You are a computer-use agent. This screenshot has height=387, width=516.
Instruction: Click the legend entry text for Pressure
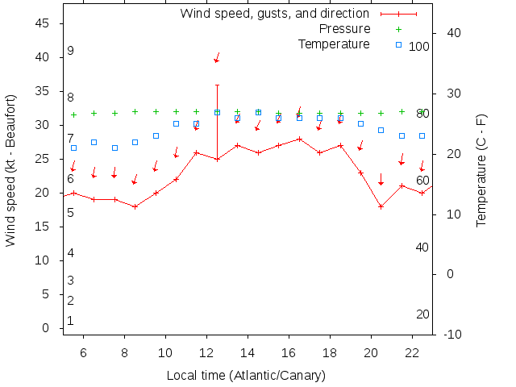pyautogui.click(x=333, y=28)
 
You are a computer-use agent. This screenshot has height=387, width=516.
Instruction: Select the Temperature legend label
pyautogui.click(x=334, y=44)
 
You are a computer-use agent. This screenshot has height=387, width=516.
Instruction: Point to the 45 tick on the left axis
pyautogui.click(x=44, y=23)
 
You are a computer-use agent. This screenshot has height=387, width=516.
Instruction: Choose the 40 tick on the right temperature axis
pyautogui.click(x=452, y=33)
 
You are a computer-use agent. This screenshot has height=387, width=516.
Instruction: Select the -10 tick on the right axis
pyautogui.click(x=452, y=334)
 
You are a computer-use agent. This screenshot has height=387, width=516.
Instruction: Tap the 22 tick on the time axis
pyautogui.click(x=412, y=352)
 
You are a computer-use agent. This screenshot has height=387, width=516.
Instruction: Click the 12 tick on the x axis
pyautogui.click(x=206, y=352)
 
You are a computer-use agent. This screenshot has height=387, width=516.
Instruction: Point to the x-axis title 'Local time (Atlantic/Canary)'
pyautogui.click(x=246, y=375)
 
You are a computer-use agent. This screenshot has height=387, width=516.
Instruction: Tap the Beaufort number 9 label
pyautogui.click(x=71, y=51)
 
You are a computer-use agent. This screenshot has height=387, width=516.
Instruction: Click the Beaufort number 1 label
pyautogui.click(x=71, y=321)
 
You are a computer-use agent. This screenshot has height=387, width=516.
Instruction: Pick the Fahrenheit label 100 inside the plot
pyautogui.click(x=419, y=46)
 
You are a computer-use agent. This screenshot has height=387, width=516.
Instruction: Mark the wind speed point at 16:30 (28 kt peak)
pyautogui.click(x=299, y=139)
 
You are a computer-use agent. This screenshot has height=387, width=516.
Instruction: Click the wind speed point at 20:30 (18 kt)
pyautogui.click(x=381, y=206)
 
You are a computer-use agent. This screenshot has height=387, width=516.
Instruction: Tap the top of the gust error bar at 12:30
pyautogui.click(x=217, y=85)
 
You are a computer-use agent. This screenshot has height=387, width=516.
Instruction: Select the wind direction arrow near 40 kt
pyautogui.click(x=217, y=59)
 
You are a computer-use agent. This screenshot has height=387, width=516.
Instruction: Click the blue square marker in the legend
pyautogui.click(x=398, y=44)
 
